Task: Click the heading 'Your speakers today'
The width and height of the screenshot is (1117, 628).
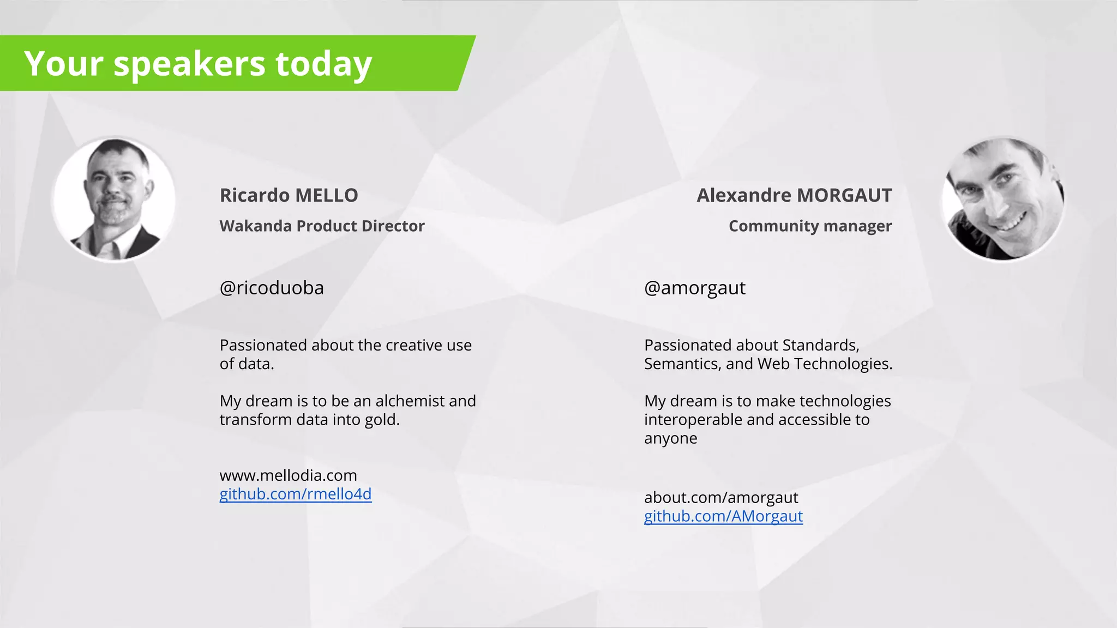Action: pyautogui.click(x=198, y=64)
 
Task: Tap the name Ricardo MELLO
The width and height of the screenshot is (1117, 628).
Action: pyautogui.click(x=289, y=195)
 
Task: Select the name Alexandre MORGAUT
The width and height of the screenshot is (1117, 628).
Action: pyautogui.click(x=794, y=195)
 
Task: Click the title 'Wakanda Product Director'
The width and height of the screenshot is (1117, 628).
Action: pyautogui.click(x=322, y=226)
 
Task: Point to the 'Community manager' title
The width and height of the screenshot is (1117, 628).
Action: pyautogui.click(x=810, y=226)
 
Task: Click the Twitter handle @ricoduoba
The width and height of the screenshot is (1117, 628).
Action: pyautogui.click(x=272, y=288)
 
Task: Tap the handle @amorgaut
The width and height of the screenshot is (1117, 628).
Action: pyautogui.click(x=694, y=288)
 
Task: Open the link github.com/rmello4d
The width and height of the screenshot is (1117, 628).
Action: pyautogui.click(x=295, y=494)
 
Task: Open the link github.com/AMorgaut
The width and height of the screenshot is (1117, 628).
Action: pyautogui.click(x=723, y=516)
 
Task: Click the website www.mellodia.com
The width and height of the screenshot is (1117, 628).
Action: pyautogui.click(x=288, y=475)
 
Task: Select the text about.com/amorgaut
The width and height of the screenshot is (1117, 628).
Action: pyautogui.click(x=720, y=497)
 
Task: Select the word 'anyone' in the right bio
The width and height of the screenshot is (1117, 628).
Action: pyautogui.click(x=670, y=438)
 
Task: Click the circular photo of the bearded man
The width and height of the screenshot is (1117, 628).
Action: pyautogui.click(x=114, y=199)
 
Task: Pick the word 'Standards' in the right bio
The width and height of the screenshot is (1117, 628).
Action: pyautogui.click(x=820, y=345)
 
